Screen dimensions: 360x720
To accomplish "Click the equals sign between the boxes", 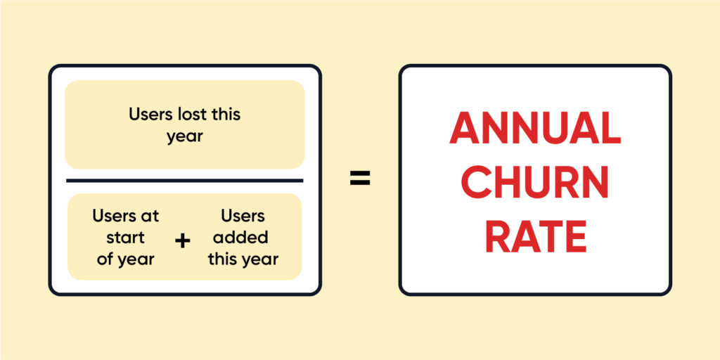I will pos(360,179).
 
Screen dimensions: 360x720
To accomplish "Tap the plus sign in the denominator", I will pos(183,241).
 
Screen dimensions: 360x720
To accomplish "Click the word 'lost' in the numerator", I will pos(191,114).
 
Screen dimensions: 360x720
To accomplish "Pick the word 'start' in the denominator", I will pos(126,236).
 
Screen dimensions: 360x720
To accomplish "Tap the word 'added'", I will pos(243,236).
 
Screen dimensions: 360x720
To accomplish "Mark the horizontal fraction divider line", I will pos(184,180).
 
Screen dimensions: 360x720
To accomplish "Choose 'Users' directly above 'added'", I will pos(243,215).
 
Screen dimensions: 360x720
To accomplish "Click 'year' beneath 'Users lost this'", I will pos(184,136).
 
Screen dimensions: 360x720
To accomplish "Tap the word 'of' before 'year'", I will pos(105,258).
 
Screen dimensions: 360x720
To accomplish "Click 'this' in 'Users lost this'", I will pos(227,114).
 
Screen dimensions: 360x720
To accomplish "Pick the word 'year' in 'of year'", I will pos(136,259).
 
